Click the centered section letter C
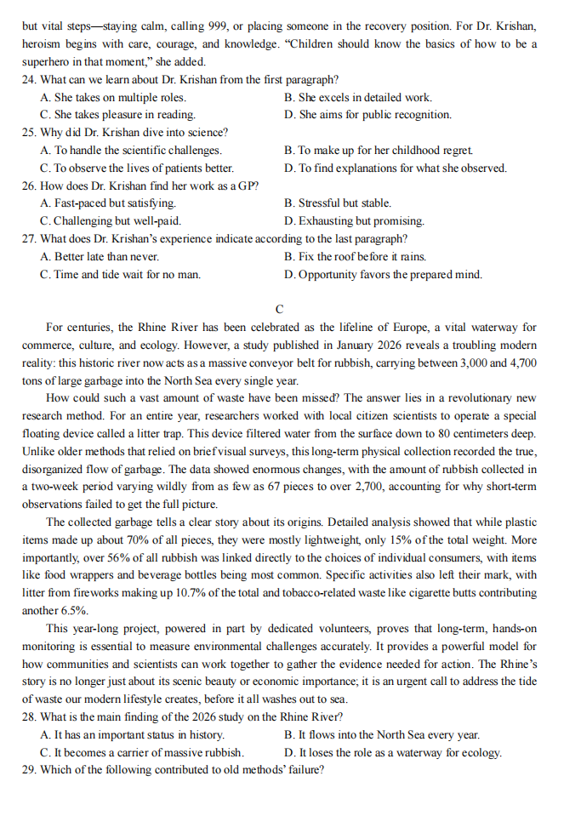coord(280,308)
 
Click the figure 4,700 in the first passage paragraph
coord(524,362)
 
